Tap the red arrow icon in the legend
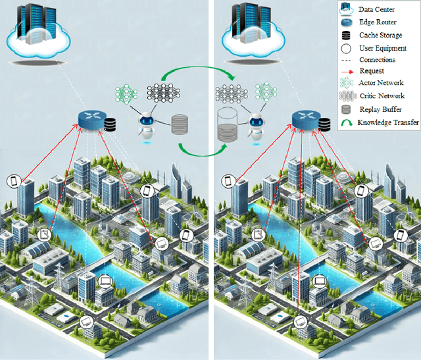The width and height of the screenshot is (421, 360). [346, 72]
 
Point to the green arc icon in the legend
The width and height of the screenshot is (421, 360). [346, 122]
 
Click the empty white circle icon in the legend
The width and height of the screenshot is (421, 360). [346, 47]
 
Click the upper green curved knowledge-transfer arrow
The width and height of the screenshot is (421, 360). [197, 67]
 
